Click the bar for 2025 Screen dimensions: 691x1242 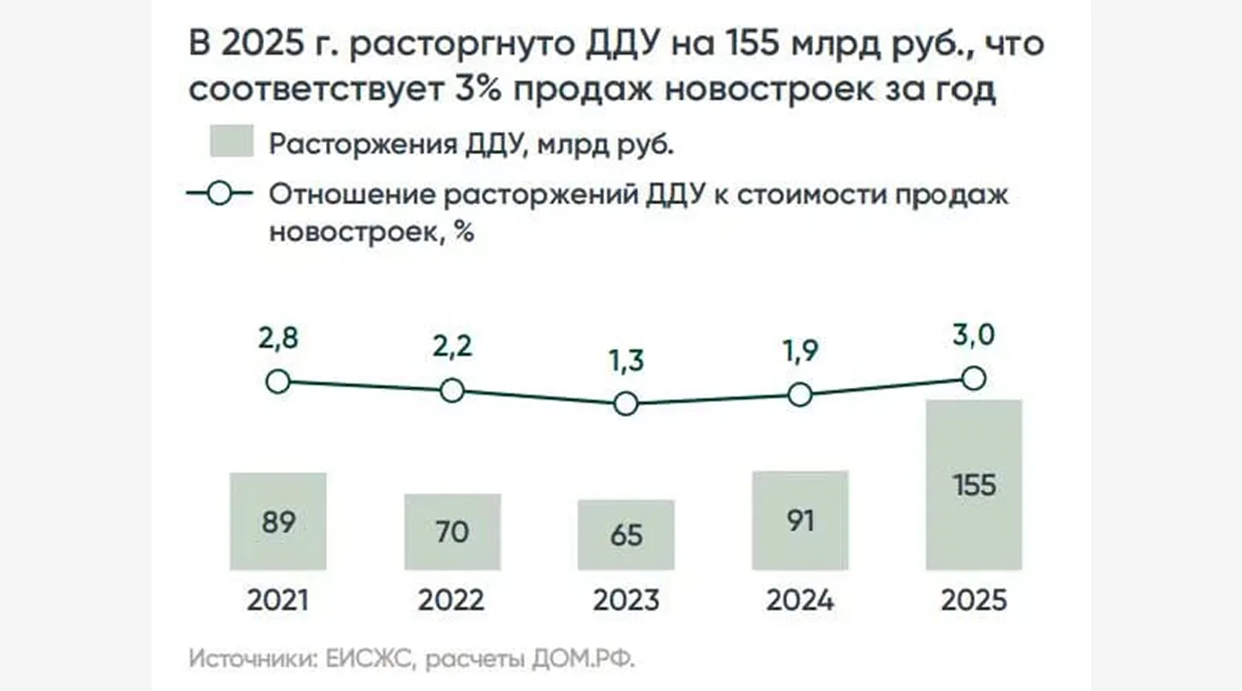click(973, 484)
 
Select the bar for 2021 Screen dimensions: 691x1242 click(278, 521)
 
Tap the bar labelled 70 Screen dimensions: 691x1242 click(452, 532)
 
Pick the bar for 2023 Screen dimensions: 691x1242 click(626, 535)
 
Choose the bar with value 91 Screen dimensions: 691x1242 click(800, 520)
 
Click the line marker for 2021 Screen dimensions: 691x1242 click(278, 382)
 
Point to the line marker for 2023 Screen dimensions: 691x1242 click(626, 404)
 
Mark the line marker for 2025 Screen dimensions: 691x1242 click(973, 378)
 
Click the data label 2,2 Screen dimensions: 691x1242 click(452, 346)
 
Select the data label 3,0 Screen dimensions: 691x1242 click(973, 335)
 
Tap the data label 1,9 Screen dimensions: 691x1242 click(800, 350)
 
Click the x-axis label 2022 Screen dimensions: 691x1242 click(451, 601)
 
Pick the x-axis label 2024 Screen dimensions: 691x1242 click(800, 601)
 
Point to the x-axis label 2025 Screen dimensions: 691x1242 click(973, 601)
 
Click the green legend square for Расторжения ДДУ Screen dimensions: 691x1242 click(232, 142)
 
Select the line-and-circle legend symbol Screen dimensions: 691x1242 click(220, 193)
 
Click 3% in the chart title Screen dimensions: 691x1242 click(478, 89)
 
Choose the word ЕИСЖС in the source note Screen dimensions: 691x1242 click(368, 658)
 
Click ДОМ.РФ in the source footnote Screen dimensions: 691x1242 click(583, 658)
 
